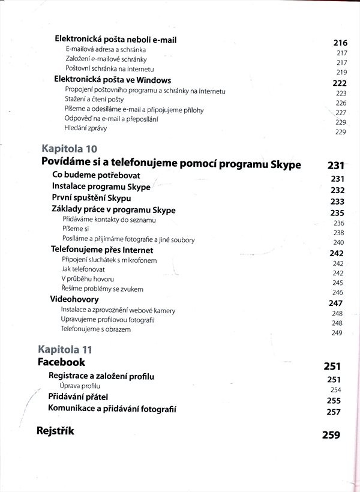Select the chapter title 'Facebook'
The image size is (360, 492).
coord(61,362)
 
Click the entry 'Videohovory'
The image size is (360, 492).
coord(74,299)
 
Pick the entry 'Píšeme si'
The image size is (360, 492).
coord(76,230)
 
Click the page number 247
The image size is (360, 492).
coord(335,304)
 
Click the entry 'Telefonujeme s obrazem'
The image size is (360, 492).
coord(96,329)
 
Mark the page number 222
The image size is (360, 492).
coord(340,83)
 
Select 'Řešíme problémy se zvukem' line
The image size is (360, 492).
coord(102,289)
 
